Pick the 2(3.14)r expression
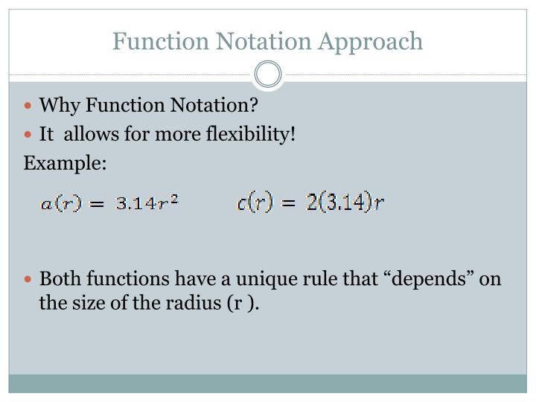(x=345, y=202)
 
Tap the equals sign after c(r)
(x=289, y=203)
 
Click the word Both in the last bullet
(x=59, y=279)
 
